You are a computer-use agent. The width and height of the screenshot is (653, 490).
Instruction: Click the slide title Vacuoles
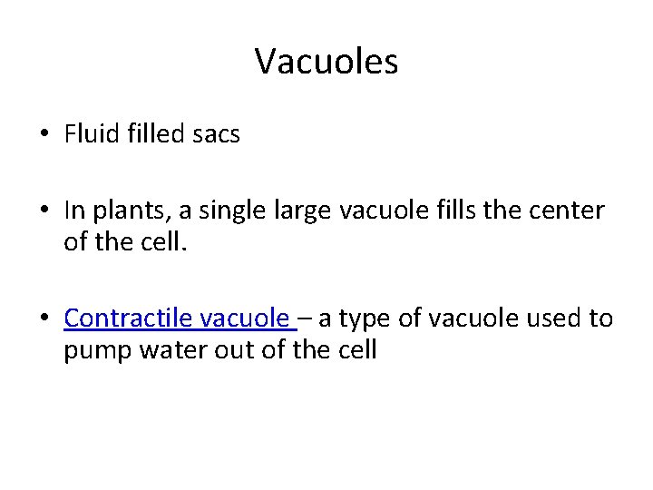[x=326, y=62]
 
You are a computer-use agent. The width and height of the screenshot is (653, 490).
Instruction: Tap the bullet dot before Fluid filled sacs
[x=44, y=135]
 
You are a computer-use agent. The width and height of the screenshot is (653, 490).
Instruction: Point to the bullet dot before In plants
[x=44, y=211]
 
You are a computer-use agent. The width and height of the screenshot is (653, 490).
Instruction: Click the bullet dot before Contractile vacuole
[x=44, y=319]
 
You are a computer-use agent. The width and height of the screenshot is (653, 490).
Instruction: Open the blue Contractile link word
[x=128, y=318]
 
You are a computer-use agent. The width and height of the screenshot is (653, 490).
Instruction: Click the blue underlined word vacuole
[x=245, y=318]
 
